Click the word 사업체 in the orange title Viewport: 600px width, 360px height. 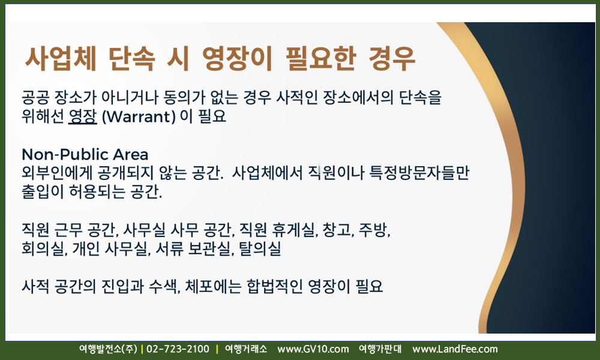point(61,59)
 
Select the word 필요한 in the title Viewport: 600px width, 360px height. point(320,59)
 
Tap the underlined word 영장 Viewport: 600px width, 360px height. point(83,116)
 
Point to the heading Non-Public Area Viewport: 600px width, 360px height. point(85,155)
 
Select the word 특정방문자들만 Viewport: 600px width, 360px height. point(419,173)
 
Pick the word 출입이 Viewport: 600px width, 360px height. point(43,191)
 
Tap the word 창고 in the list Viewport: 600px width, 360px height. point(338,230)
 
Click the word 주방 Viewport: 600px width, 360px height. point(374,230)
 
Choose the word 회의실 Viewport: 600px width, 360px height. point(44,248)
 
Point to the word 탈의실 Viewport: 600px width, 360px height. point(260,248)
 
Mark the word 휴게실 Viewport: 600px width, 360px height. point(295,230)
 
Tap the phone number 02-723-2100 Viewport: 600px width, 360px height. point(178,349)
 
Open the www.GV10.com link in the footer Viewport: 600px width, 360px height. point(313,349)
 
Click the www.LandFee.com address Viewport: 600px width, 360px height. point(455,349)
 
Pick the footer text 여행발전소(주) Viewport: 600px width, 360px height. point(108,349)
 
